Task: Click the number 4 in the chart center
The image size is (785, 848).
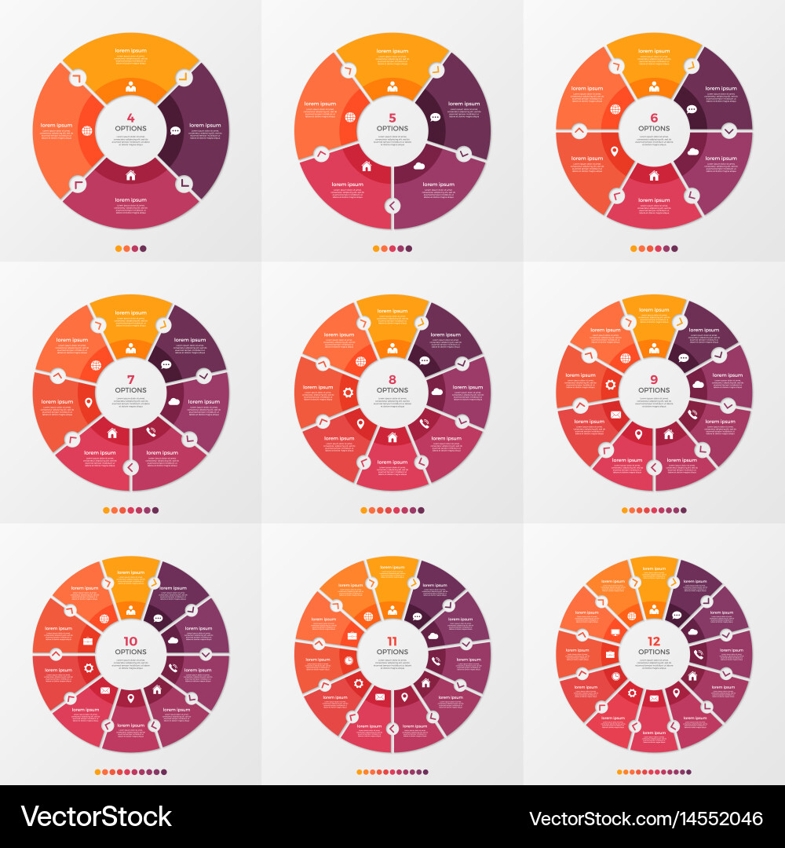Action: [x=130, y=118]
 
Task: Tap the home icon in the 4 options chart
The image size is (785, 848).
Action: [x=130, y=175]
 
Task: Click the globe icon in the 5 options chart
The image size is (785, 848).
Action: [x=350, y=118]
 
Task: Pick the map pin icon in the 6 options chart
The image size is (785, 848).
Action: [x=615, y=151]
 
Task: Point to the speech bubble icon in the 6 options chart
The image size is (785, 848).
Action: [x=692, y=109]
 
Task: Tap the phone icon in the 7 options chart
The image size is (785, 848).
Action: [x=151, y=430]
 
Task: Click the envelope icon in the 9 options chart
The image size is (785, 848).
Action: [x=615, y=415]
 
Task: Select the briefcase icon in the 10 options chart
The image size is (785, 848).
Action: [x=88, y=641]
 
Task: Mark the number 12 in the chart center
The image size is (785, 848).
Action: [x=654, y=641]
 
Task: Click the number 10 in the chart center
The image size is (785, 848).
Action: [x=130, y=641]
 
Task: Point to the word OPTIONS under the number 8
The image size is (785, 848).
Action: [x=392, y=390]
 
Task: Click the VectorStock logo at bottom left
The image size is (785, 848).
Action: [x=96, y=817]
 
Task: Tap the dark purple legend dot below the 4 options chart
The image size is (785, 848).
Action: [x=143, y=249]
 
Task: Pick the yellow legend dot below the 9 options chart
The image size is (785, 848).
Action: [x=626, y=510]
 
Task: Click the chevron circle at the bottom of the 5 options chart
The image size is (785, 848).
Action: [x=392, y=206]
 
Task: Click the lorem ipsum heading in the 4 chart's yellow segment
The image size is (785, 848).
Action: [x=130, y=50]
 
